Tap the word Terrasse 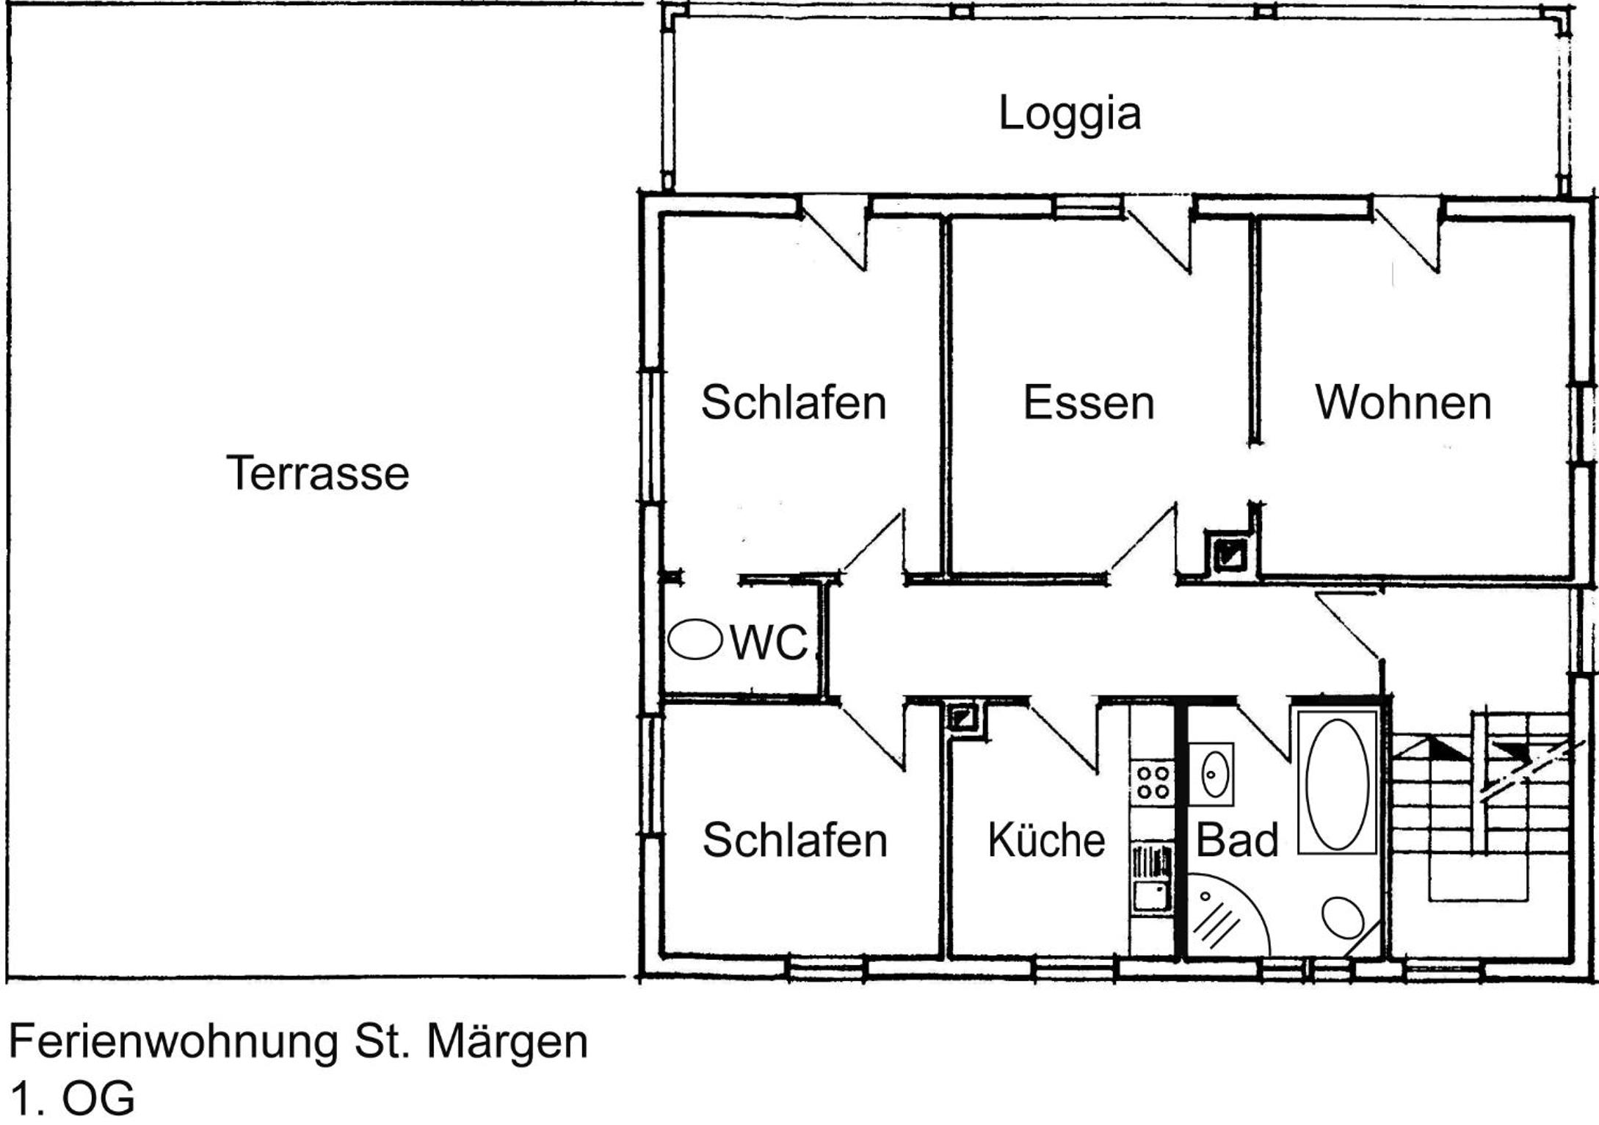[x=317, y=473]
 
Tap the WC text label [x=769, y=642]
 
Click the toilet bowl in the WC [x=695, y=639]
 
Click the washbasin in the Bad [x=1211, y=774]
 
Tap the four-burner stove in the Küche [x=1153, y=782]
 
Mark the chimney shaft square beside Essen [x=1230, y=554]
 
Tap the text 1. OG [x=72, y=1099]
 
